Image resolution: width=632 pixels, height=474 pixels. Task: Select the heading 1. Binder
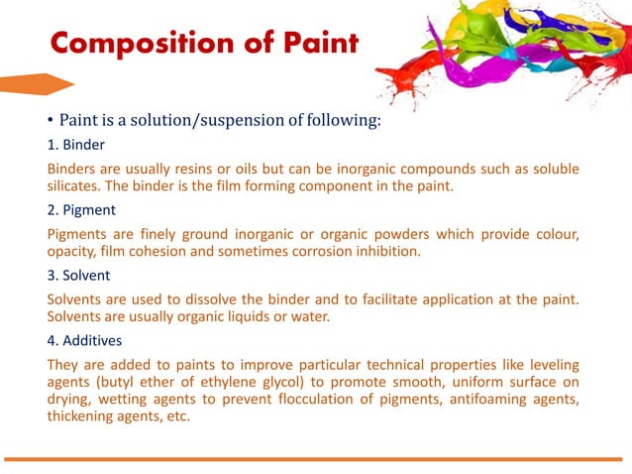click(76, 145)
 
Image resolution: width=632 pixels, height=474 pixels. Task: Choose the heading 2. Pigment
click(82, 210)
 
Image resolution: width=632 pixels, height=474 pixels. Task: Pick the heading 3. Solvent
click(81, 276)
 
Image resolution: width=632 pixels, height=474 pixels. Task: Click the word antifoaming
click(474, 399)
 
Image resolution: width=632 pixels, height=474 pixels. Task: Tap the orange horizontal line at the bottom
click(316, 459)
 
